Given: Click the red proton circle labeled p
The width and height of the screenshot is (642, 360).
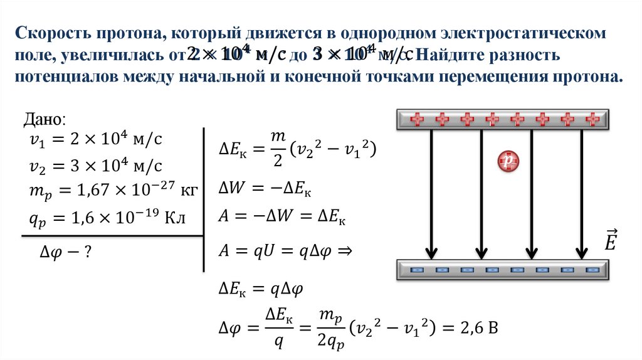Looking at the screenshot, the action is pos(508,162).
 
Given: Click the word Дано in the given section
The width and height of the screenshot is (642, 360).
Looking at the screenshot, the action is pos(43,119).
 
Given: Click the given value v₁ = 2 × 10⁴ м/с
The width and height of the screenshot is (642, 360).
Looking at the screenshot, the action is pos(95,139).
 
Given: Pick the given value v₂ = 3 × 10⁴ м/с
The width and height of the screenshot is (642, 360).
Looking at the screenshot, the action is pos(95,165).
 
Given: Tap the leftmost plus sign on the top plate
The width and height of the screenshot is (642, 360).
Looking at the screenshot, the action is pos(416,118).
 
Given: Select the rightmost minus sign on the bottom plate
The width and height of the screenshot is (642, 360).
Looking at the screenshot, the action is pos(592,270).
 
